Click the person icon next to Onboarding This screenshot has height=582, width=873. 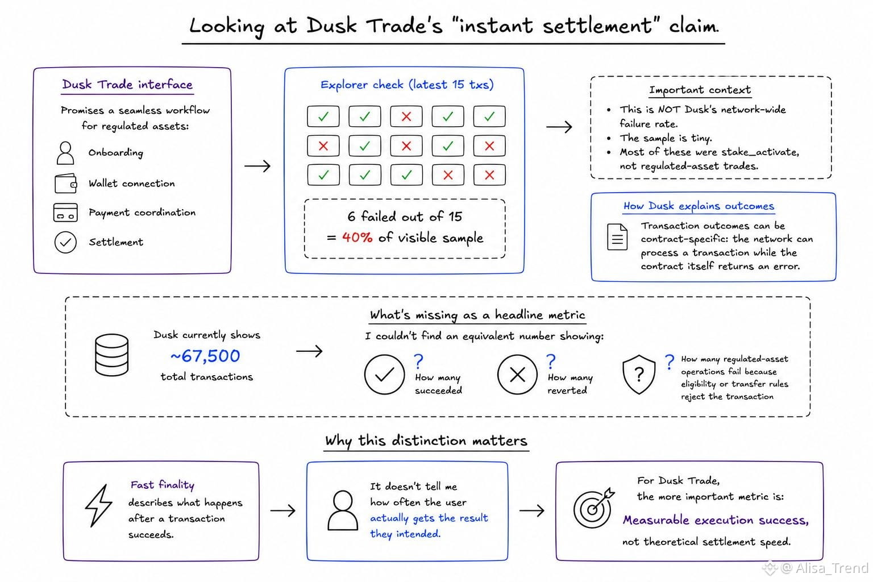click(x=65, y=153)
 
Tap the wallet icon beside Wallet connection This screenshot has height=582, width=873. click(x=66, y=183)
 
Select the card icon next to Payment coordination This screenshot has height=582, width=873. click(x=65, y=213)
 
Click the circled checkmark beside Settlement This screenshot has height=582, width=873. click(x=65, y=242)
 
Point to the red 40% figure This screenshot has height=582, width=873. click(x=357, y=237)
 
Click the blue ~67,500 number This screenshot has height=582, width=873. click(x=205, y=356)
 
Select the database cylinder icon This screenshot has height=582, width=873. click(x=112, y=355)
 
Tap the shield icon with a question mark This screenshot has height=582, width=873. click(x=639, y=374)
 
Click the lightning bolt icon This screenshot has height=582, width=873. click(x=98, y=506)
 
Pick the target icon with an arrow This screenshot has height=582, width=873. click(x=593, y=508)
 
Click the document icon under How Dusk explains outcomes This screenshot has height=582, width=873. click(x=617, y=236)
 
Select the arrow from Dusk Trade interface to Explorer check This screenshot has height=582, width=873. click(x=257, y=166)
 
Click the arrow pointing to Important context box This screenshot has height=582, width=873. click(x=559, y=127)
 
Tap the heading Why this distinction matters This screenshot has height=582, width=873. click(x=426, y=441)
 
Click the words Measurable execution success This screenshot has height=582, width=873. click(x=716, y=520)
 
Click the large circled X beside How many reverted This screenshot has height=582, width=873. click(x=518, y=375)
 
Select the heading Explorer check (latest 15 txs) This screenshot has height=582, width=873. click(x=407, y=85)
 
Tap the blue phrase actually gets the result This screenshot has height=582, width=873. click(x=429, y=518)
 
